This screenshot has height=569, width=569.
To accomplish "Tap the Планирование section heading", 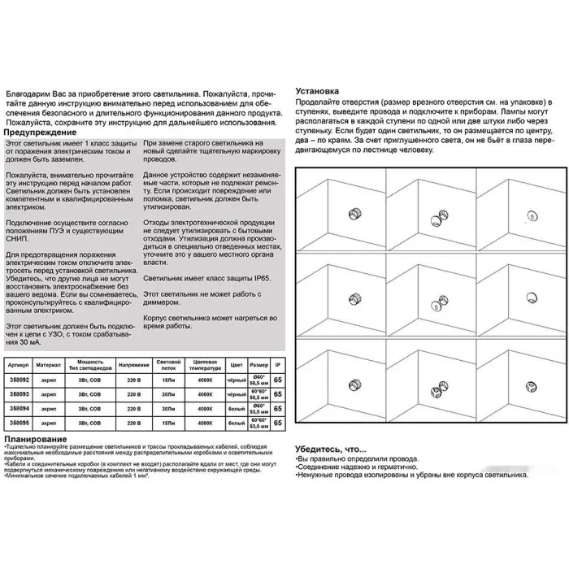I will (37, 440).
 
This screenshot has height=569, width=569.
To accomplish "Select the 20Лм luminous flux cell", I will (168, 393).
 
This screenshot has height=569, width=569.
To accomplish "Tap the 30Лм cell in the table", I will (168, 408).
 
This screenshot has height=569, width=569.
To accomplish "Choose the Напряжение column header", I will (130, 363).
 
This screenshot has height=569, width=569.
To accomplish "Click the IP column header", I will (279, 363).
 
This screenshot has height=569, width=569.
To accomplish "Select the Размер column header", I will (258, 363).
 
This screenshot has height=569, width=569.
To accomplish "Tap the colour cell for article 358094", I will (234, 408).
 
